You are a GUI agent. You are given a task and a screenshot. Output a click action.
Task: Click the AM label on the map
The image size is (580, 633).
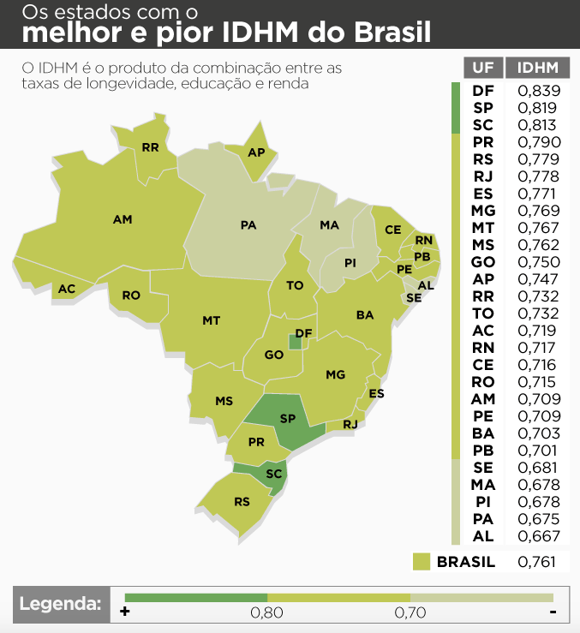tap(123, 220)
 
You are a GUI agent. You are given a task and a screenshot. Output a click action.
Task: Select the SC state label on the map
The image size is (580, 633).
tap(274, 474)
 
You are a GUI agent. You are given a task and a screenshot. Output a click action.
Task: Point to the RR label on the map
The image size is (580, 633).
tap(151, 147)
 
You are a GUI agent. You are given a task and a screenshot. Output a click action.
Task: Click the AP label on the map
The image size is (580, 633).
tap(255, 152)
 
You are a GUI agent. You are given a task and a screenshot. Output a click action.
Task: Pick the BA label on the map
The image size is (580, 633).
tap(365, 315)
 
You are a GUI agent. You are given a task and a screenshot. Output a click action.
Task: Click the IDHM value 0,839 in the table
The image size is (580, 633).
tap(539, 91)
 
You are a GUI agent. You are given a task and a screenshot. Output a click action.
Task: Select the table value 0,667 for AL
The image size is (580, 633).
tap(539, 536)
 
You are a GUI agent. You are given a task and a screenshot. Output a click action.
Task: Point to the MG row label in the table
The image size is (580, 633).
tap(482, 211)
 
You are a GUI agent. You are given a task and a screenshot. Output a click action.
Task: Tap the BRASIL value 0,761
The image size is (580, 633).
tap(539, 562)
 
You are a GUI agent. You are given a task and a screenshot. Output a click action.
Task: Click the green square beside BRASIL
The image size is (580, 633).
tap(421, 562)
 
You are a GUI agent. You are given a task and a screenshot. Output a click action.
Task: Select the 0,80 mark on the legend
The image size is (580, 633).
tap(266, 612)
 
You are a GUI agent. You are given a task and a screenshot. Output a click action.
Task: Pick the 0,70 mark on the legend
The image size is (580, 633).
tap(410, 612)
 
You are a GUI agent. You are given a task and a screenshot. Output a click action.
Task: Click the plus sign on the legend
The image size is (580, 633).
tap(125, 612)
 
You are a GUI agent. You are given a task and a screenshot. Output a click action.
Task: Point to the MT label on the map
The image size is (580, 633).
tap(211, 320)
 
